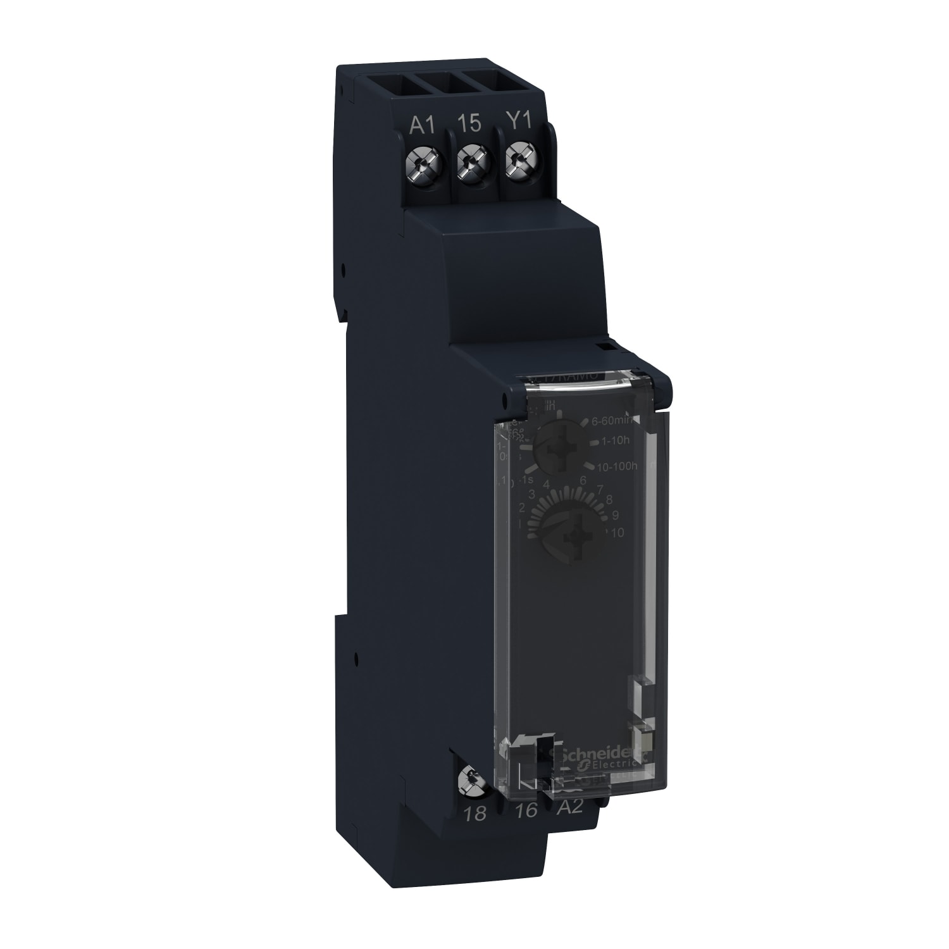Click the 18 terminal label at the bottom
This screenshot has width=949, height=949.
(x=475, y=814)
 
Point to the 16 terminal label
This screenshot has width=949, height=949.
(x=526, y=813)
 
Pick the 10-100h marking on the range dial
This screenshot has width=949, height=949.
(x=617, y=468)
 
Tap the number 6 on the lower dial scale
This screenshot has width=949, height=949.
(x=583, y=481)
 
